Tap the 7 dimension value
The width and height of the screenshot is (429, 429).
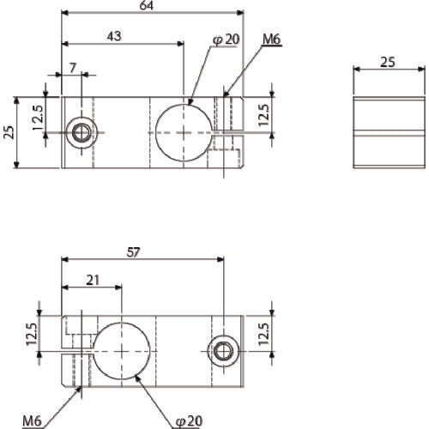72,67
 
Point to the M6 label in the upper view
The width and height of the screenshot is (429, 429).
270,39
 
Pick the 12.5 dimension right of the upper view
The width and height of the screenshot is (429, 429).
265,115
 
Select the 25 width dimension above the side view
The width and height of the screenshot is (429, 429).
388,63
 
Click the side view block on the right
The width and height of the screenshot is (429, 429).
388,133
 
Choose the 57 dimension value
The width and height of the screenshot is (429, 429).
133,252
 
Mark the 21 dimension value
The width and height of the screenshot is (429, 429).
92,281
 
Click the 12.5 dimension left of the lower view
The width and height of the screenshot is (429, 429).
33,335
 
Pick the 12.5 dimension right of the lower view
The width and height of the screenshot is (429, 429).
265,333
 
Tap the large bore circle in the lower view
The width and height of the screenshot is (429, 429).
124,352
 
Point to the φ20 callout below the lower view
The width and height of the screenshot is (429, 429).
189,420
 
